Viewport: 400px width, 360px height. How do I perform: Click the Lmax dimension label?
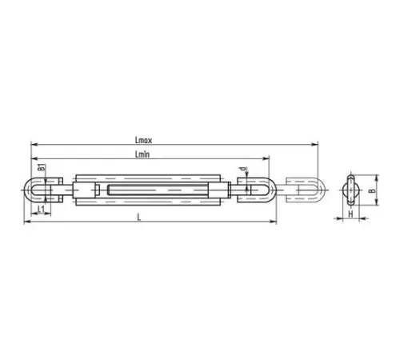(143, 140)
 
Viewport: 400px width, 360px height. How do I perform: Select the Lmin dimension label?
(142, 154)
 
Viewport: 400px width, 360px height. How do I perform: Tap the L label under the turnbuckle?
(139, 218)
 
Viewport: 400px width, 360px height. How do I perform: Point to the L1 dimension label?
(41, 210)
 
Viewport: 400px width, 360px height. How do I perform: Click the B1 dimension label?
(42, 168)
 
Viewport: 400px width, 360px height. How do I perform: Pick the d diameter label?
(243, 169)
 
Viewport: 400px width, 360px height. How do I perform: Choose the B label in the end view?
(372, 190)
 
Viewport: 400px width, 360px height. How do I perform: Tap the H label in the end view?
(350, 214)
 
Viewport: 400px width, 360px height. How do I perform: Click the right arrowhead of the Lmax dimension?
(315, 145)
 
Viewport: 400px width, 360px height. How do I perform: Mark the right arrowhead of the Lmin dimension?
(266, 158)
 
